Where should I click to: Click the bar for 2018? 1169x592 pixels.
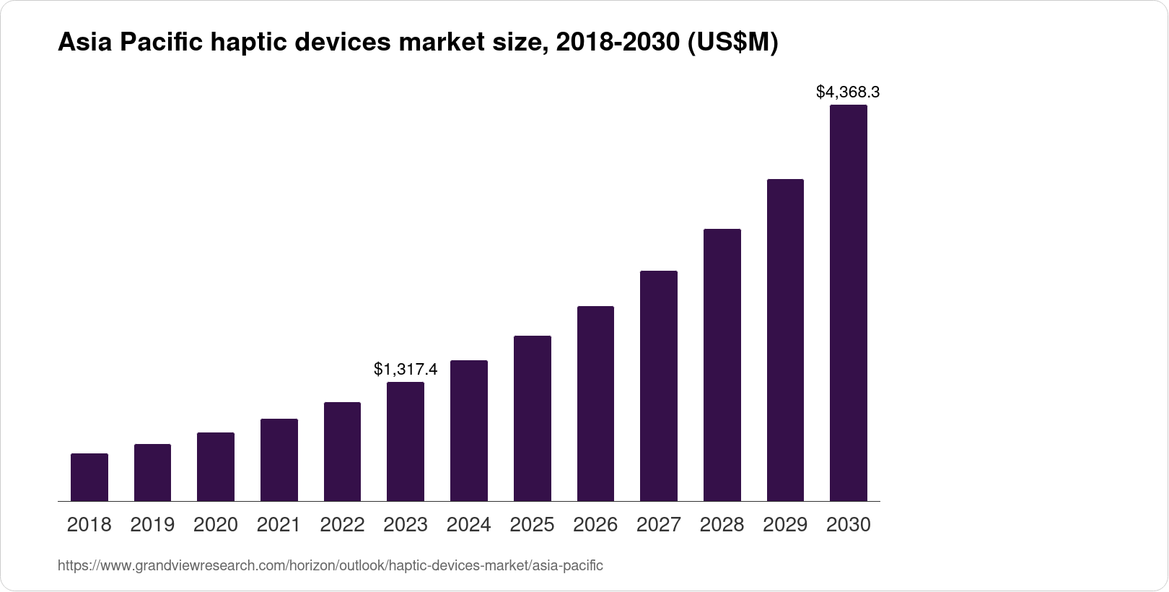click(89, 477)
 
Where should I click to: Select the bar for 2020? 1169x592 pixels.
click(216, 466)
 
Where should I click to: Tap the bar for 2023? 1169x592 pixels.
click(406, 441)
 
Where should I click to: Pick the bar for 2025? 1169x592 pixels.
click(533, 418)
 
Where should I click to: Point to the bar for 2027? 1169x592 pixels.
click(659, 386)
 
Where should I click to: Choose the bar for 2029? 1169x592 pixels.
click(785, 339)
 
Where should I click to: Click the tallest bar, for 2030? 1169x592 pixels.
click(849, 302)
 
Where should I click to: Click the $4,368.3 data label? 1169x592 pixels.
click(848, 92)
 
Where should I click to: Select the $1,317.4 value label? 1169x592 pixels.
click(406, 369)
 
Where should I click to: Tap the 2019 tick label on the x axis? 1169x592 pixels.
click(152, 524)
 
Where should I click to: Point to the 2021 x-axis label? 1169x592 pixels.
click(279, 524)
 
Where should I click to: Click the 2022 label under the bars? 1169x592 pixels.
click(342, 524)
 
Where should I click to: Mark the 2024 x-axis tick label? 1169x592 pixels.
click(469, 524)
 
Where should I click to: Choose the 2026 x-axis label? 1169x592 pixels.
click(595, 524)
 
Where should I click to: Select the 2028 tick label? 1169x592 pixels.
click(722, 524)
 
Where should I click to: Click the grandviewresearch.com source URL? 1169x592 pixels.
click(330, 565)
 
